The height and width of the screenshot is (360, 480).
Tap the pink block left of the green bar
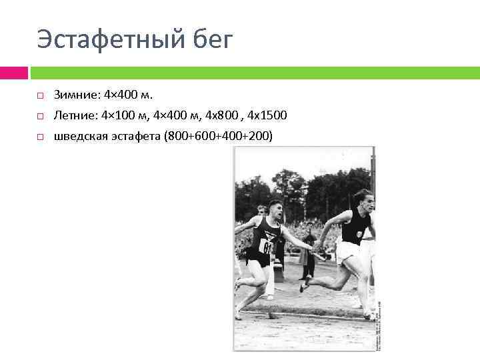click(14, 72)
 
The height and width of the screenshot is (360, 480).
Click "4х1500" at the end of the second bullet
click(267, 116)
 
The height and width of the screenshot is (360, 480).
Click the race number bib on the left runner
click(268, 247)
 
